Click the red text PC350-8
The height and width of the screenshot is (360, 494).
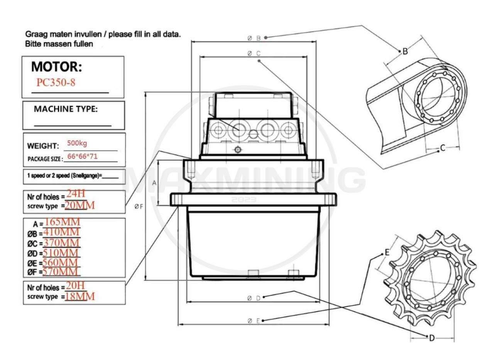pyautogui.click(x=56, y=83)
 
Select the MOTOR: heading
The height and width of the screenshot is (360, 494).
pyautogui.click(x=56, y=67)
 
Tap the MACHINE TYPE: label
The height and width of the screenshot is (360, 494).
pyautogui.click(x=66, y=109)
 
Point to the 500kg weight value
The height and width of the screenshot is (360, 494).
pyautogui.click(x=77, y=143)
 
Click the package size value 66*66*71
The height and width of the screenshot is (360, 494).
pyautogui.click(x=82, y=156)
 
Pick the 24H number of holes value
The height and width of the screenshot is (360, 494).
pyautogui.click(x=76, y=194)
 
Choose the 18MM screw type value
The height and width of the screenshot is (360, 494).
pyautogui.click(x=80, y=296)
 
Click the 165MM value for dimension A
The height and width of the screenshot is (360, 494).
pyautogui.click(x=63, y=222)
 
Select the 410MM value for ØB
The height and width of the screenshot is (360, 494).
pyautogui.click(x=61, y=232)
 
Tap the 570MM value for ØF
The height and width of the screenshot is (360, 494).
pyautogui.click(x=61, y=272)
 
